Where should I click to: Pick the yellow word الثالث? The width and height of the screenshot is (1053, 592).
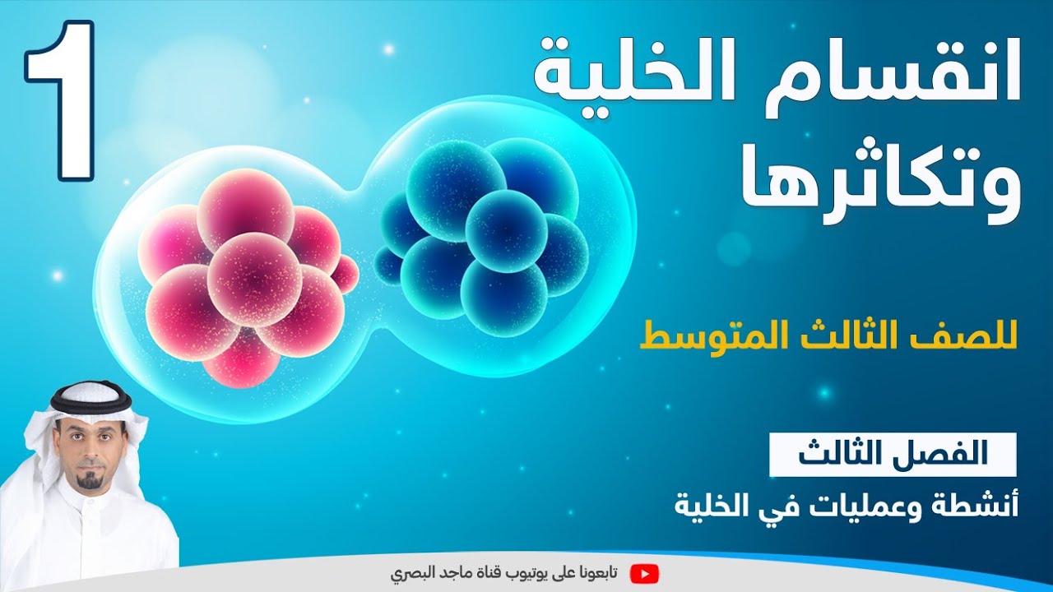[x=847, y=339]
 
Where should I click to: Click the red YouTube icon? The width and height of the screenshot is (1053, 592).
[x=644, y=572]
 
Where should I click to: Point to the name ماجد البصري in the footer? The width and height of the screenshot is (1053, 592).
[x=432, y=572]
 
